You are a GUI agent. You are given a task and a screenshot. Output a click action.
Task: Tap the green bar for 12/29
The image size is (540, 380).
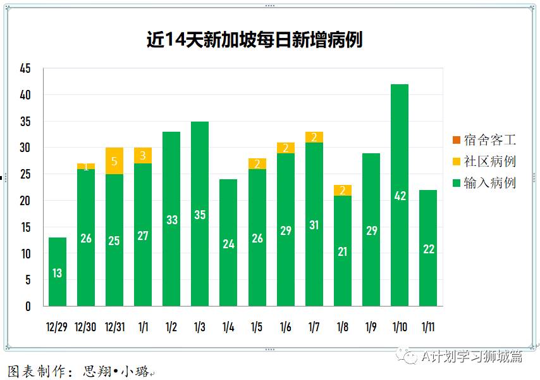(x=58, y=272)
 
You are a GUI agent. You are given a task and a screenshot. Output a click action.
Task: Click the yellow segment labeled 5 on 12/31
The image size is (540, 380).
(x=114, y=161)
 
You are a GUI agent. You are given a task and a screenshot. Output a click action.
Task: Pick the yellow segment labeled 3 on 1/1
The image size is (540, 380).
(x=143, y=156)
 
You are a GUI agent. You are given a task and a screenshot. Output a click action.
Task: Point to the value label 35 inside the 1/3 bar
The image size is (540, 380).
(x=200, y=215)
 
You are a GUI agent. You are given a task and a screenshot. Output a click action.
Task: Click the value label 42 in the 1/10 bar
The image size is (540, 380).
(x=400, y=196)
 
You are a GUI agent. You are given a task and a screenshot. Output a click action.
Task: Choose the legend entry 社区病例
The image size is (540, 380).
(x=484, y=161)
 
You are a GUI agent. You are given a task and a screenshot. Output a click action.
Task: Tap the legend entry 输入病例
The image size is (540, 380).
(x=484, y=183)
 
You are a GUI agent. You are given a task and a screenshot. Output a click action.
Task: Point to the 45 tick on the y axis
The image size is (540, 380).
(x=25, y=68)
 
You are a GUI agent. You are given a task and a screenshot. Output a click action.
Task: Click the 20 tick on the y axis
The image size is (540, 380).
(x=25, y=201)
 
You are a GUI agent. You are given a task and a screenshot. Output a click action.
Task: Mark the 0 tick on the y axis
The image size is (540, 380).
(x=28, y=307)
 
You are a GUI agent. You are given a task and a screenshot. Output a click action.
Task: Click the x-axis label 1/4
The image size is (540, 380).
(x=228, y=327)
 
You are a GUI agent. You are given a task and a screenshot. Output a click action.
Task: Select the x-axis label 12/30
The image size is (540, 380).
(x=85, y=327)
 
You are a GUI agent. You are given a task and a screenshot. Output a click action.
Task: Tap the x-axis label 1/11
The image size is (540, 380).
(x=428, y=327)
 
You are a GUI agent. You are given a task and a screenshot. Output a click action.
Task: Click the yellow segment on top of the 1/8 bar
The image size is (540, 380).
(x=343, y=190)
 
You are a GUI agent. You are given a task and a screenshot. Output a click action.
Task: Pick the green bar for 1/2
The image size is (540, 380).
(x=171, y=219)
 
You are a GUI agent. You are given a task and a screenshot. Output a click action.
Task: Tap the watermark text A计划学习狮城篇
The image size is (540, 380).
(x=472, y=357)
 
